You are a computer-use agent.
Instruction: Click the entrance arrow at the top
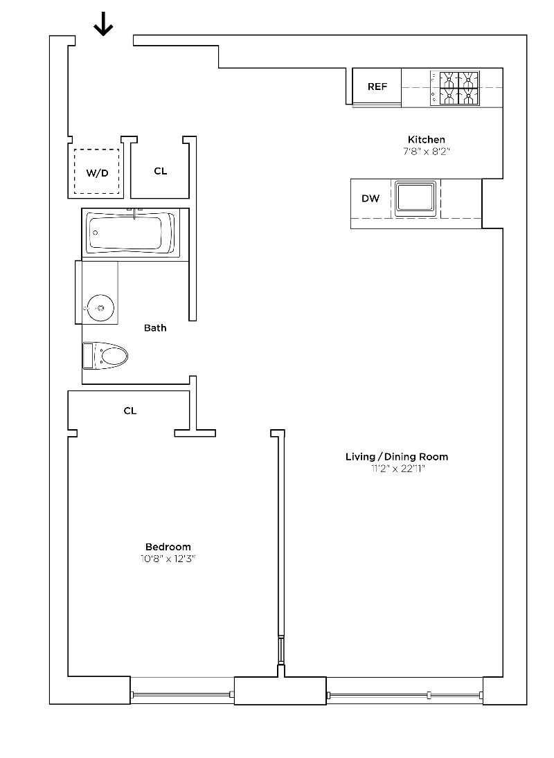coord(103,26)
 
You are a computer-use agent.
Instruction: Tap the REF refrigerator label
coord(377,87)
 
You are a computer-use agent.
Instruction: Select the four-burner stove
coord(456,88)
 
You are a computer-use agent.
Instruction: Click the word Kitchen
coord(426,140)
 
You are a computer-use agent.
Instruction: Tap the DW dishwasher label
coord(370,199)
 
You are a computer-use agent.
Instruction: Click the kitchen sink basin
coord(415,198)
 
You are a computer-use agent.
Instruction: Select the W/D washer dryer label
coord(97,173)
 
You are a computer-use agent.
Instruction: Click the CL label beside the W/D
coord(160,171)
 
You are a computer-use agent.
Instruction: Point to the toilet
coord(107,357)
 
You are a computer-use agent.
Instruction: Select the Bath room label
coord(155,328)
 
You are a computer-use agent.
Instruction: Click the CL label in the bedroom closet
coord(130,410)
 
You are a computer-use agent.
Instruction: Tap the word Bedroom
coord(168,547)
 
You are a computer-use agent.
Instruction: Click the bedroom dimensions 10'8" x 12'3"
coord(168,559)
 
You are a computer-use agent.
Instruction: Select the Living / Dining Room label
coord(397,457)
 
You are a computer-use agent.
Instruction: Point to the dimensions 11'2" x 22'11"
coord(397,469)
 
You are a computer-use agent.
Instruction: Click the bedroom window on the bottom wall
coord(182,693)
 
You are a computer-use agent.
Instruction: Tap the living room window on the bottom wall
coord(404,693)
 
